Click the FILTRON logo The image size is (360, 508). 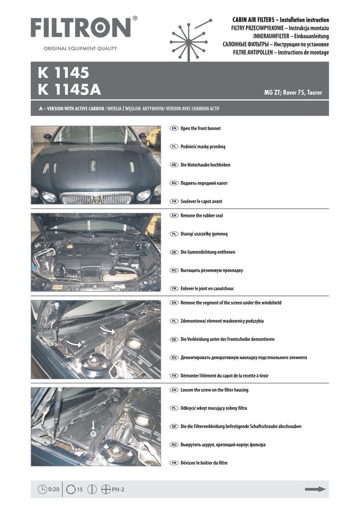[x=81, y=28]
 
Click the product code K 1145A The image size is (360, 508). [x=69, y=90]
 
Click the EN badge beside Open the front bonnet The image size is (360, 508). [x=174, y=128]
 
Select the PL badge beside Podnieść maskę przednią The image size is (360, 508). [x=174, y=147]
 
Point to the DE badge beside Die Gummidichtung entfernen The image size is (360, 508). [x=174, y=253]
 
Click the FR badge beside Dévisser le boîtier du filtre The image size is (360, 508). [x=174, y=463]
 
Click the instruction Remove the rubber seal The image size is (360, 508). [x=202, y=216]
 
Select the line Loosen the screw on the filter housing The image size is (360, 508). [x=215, y=390]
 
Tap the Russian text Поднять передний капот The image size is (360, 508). [x=204, y=183]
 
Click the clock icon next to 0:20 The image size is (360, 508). [x=42, y=490]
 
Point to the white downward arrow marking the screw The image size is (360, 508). [x=93, y=425]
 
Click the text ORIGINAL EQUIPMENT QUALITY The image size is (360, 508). [x=80, y=49]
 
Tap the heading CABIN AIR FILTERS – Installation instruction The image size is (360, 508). [x=281, y=20]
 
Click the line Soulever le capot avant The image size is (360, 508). [x=201, y=201]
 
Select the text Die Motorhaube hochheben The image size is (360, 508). [x=205, y=165]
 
